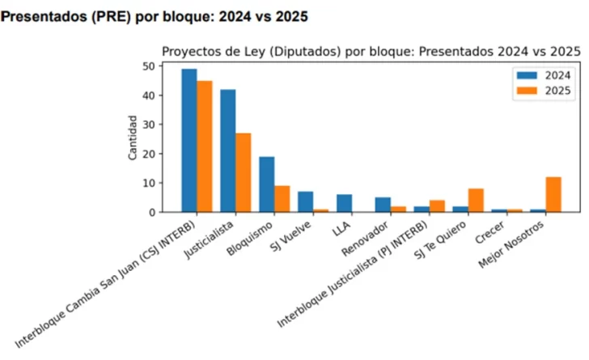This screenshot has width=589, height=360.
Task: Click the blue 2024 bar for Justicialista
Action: click(228, 150)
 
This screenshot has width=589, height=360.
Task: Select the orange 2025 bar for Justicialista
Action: click(243, 172)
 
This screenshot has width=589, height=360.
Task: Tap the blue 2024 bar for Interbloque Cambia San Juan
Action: click(189, 140)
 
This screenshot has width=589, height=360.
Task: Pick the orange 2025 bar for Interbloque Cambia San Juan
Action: click(204, 146)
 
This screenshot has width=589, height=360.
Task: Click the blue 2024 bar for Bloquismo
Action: click(267, 184)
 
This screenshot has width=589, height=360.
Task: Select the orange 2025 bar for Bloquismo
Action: click(282, 199)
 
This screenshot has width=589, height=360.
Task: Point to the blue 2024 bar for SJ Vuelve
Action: click(306, 201)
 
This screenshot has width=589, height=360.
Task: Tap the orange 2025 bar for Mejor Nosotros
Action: click(553, 194)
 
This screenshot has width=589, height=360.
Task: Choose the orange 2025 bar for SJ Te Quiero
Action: click(476, 201)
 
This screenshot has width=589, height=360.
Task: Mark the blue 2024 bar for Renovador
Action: click(383, 205)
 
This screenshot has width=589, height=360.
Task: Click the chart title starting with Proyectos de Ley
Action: click(371, 51)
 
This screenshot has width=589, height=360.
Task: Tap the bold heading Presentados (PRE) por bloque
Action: click(154, 15)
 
